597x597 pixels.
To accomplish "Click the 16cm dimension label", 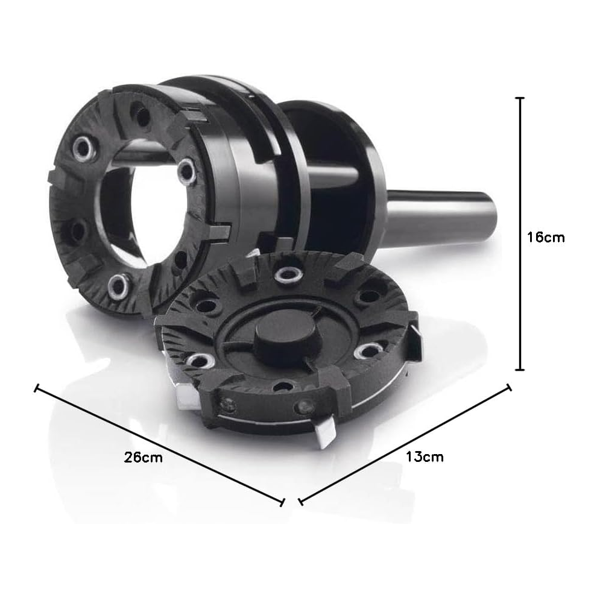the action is coord(546,237).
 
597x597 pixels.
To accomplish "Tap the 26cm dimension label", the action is coord(143,457).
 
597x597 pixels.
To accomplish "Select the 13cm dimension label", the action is coord(425,456).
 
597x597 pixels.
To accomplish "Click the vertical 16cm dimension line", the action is coord(520,234).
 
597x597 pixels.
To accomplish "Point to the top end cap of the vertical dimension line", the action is coord(520,98).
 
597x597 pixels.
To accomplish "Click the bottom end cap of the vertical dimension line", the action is coord(520,370).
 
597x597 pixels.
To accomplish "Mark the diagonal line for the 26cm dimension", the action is coord(159,445).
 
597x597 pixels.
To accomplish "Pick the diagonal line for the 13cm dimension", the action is coord(405,444).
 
